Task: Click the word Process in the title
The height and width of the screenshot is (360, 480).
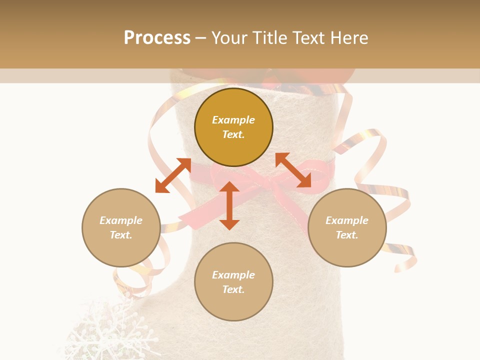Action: [x=157, y=38]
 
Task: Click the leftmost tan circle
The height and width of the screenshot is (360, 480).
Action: [x=121, y=227]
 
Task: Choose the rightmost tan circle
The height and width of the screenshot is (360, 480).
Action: [x=347, y=227]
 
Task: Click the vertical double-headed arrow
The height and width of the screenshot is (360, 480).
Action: [x=229, y=206]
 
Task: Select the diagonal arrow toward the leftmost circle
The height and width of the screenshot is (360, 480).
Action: [x=173, y=175]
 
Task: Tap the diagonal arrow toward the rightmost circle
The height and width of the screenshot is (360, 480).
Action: [x=293, y=170]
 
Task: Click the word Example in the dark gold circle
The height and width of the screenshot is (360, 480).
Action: [x=233, y=120]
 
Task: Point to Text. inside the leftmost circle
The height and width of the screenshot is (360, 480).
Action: [x=121, y=235]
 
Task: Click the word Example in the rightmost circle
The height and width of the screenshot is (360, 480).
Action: [x=347, y=220]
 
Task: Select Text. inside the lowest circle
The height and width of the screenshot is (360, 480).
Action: [x=233, y=289]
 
